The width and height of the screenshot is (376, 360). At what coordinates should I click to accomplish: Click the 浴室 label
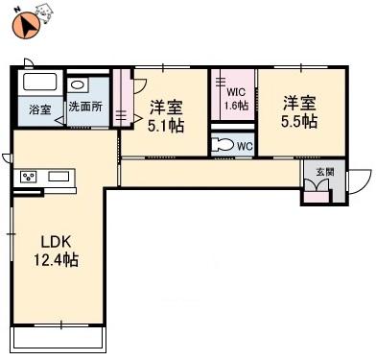[38, 108]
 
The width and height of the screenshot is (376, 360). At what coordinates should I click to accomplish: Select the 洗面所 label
[85, 108]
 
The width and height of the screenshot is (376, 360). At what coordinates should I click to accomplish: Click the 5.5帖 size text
[299, 122]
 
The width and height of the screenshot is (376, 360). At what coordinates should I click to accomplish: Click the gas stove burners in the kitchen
[29, 178]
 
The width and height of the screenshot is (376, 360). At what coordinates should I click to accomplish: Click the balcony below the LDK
[58, 338]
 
